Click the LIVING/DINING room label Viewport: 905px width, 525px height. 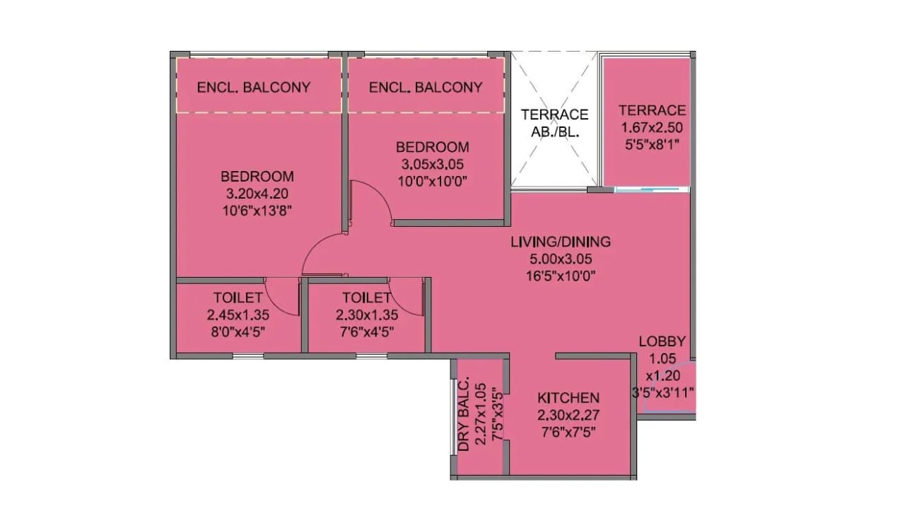pyautogui.click(x=561, y=242)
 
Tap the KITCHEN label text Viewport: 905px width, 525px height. pyautogui.click(x=568, y=398)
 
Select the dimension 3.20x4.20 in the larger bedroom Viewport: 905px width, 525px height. pyautogui.click(x=257, y=193)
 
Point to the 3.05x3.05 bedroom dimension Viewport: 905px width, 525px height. pyautogui.click(x=432, y=164)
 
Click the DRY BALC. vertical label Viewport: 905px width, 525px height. pyautogui.click(x=464, y=417)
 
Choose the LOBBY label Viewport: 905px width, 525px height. pyautogui.click(x=662, y=341)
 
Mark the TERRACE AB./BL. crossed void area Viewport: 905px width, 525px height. pyautogui.click(x=554, y=122)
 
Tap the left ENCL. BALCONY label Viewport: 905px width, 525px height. pyautogui.click(x=254, y=88)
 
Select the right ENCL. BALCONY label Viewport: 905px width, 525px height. pyautogui.click(x=426, y=88)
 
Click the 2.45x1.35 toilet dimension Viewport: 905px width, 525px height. pyautogui.click(x=238, y=315)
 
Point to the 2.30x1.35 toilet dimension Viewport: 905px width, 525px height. pyautogui.click(x=366, y=315)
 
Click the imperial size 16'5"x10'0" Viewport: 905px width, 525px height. pyautogui.click(x=561, y=276)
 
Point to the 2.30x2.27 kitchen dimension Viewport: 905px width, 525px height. pyautogui.click(x=568, y=415)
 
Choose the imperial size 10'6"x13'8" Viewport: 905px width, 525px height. pyautogui.click(x=257, y=210)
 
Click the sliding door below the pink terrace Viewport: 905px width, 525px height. pyautogui.click(x=651, y=189)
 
